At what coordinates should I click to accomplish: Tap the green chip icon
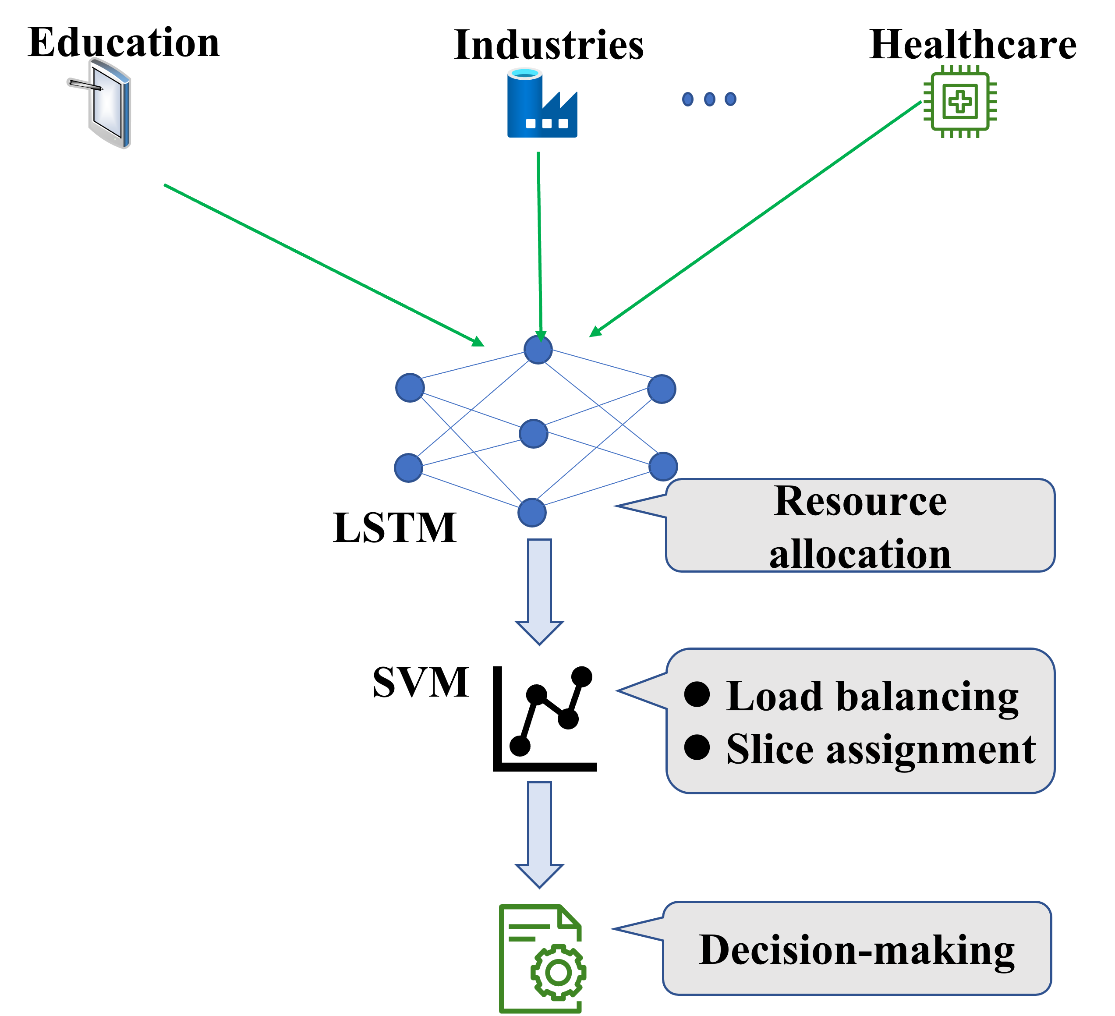960,102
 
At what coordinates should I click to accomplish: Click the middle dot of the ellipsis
709,99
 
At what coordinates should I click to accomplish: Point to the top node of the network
538,350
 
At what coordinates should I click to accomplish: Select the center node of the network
533,434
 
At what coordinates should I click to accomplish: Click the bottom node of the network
531,512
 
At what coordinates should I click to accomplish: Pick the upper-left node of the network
410,387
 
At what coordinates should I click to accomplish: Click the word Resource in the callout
860,502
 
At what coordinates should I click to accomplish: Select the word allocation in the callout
860,554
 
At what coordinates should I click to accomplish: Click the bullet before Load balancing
697,694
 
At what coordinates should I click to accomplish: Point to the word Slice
769,750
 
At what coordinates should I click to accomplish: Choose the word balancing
927,697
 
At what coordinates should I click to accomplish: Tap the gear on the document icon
558,972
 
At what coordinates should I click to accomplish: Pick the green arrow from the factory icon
539,243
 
